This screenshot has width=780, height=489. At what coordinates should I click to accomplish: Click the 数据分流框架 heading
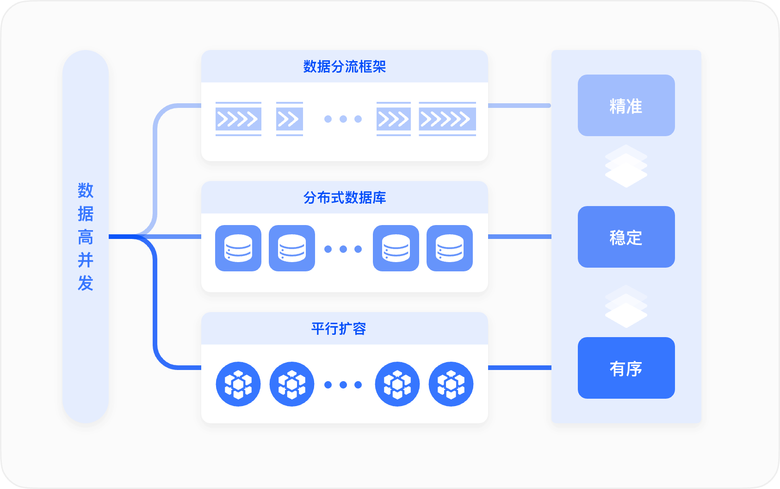[x=344, y=67]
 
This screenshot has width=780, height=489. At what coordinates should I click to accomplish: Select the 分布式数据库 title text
[x=344, y=198]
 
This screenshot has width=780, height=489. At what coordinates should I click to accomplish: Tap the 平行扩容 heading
[x=339, y=329]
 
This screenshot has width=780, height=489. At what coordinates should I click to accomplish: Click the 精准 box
[x=626, y=106]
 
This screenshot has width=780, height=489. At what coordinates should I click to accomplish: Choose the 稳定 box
[x=626, y=237]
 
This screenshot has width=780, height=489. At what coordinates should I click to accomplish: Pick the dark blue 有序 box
[x=626, y=368]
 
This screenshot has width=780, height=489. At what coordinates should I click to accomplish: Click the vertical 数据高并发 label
[x=86, y=237]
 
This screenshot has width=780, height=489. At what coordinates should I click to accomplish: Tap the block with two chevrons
[x=289, y=119]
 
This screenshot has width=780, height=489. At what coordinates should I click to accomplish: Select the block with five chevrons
[x=447, y=119]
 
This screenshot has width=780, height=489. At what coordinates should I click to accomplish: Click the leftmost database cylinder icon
[x=238, y=248]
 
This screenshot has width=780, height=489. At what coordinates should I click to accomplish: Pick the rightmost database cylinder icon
[x=450, y=248]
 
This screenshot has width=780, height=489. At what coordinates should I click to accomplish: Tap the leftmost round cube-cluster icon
[x=238, y=384]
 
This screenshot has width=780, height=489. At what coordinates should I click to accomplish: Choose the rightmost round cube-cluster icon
[x=451, y=384]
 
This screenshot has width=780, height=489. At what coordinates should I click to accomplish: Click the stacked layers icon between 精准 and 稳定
[x=626, y=166]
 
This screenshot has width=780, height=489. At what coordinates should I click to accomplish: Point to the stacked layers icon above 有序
[x=626, y=307]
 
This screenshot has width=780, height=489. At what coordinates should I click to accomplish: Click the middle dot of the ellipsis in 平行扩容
[x=343, y=385]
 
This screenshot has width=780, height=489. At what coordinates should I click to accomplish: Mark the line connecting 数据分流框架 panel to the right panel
[x=519, y=106]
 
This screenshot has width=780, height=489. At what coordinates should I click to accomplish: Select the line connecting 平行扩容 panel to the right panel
[x=519, y=368]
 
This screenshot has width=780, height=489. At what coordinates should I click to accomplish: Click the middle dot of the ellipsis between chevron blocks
[x=343, y=119]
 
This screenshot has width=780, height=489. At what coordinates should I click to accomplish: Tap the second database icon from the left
[x=292, y=248]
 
